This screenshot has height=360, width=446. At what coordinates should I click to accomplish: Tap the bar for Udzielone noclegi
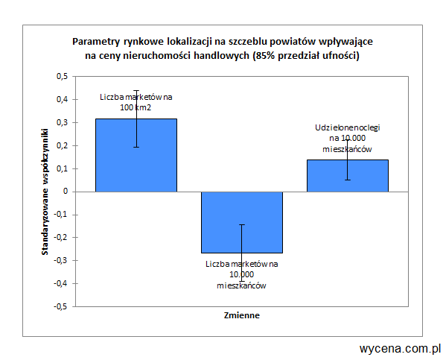click(347, 175)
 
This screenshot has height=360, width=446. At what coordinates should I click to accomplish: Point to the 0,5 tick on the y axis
click(62, 76)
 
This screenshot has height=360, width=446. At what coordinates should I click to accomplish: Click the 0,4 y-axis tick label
click(62, 99)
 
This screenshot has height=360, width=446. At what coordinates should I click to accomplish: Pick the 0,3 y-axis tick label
click(62, 122)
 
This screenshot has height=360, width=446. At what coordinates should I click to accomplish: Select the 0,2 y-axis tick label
click(62, 145)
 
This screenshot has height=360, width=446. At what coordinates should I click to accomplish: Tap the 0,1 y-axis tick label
click(62, 168)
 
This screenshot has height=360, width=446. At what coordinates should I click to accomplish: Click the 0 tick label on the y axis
click(66, 192)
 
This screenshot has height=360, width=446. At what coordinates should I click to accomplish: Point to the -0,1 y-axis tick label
click(61, 215)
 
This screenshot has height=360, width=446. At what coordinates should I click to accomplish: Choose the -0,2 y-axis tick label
click(61, 238)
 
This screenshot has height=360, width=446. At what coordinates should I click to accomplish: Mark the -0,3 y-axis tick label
click(61, 261)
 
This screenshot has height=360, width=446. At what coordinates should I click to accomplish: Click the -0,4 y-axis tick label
click(61, 283)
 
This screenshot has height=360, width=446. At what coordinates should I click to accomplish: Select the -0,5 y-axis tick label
click(61, 306)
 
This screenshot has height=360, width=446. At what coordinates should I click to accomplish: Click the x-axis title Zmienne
click(242, 315)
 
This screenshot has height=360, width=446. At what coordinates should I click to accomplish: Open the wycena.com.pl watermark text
click(400, 348)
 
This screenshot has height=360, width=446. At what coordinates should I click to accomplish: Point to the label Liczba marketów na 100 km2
click(136, 101)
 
